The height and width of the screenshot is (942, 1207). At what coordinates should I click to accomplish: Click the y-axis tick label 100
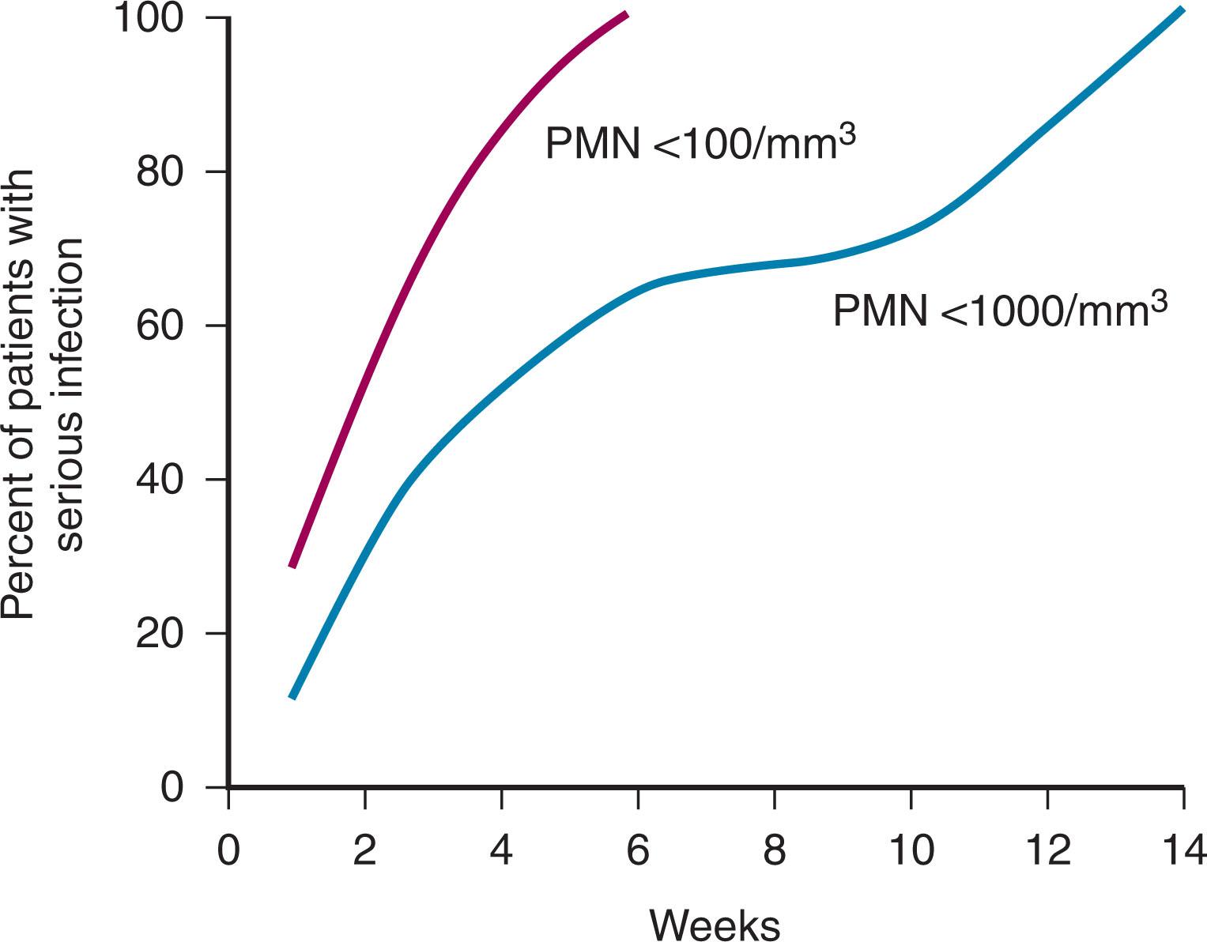160,18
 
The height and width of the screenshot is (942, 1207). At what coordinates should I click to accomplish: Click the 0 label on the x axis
228,851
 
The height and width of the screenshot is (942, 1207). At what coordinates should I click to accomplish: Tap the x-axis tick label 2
365,851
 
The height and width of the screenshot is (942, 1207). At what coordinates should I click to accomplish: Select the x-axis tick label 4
502,851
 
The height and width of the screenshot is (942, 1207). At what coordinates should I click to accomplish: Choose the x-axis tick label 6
638,851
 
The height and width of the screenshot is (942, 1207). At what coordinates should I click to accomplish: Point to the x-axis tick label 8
775,851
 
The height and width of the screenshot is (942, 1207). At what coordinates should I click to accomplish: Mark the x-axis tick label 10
911,851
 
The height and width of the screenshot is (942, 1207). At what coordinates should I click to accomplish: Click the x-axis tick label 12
1048,851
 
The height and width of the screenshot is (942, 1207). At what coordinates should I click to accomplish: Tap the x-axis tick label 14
1183,851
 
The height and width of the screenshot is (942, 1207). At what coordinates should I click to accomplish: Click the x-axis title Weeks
715,923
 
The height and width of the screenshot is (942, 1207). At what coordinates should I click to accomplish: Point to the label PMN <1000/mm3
1000,310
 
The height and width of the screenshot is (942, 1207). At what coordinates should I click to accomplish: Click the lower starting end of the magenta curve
292,565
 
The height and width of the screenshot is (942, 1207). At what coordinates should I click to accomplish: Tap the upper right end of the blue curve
1182,10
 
